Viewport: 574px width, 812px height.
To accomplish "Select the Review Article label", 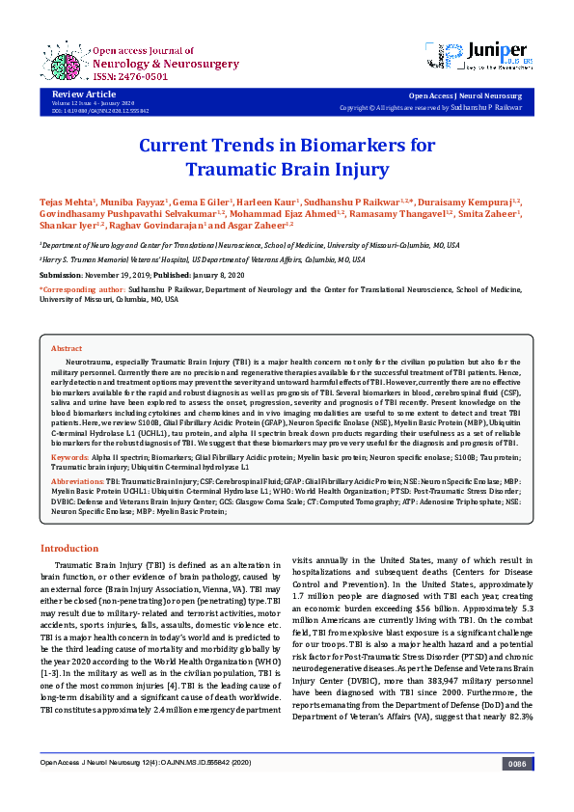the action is [x=77, y=94].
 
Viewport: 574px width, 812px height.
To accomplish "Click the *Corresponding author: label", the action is [x=82, y=288].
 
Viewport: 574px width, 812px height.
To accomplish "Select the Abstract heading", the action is [x=66, y=347].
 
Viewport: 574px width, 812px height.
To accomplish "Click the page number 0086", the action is [x=516, y=790].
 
